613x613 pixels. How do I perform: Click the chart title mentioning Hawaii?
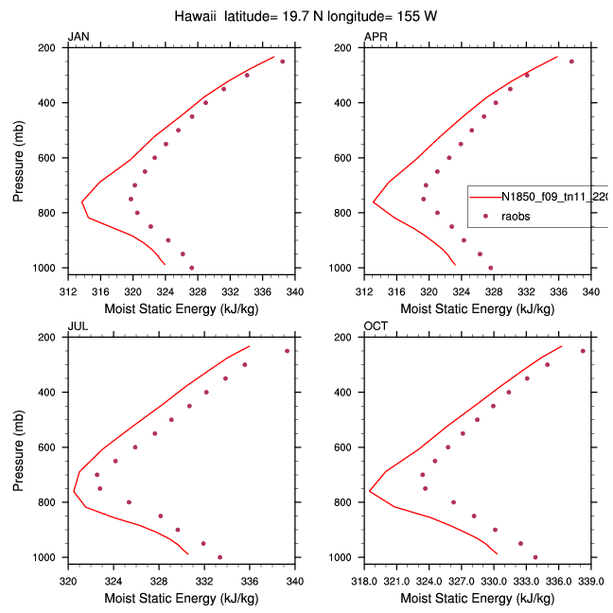click(306, 17)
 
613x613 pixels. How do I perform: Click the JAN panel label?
click(78, 37)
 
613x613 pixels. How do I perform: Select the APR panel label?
click(375, 37)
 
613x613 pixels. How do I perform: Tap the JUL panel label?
click(77, 326)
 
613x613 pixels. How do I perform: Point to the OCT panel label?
click(375, 326)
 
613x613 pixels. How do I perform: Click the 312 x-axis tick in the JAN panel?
click(68, 291)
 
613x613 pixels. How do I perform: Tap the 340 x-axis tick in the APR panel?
click(591, 291)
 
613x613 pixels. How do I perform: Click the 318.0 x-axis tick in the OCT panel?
click(364, 581)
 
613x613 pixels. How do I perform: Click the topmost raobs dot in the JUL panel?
click(288, 351)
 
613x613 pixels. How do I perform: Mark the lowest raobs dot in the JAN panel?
click(191, 268)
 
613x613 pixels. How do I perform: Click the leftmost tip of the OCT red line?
click(369, 490)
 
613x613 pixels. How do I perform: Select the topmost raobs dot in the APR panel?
click(571, 61)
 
